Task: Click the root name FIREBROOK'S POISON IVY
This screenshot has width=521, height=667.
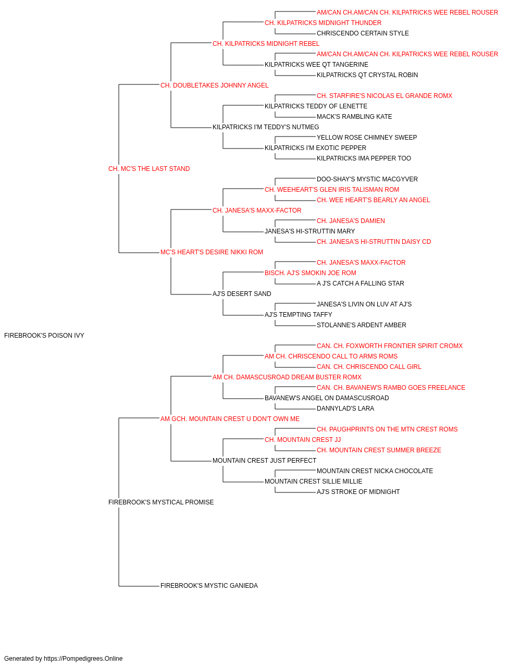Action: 44,336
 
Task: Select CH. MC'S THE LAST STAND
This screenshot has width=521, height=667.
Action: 149,169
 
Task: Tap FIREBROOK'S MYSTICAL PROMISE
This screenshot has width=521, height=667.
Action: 161,502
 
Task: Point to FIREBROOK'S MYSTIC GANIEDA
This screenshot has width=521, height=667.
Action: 209,586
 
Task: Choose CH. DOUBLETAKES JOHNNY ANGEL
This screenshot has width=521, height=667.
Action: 215,85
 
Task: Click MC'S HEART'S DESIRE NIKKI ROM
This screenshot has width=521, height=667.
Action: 212,252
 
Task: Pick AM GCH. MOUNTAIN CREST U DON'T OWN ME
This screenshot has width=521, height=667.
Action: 230,419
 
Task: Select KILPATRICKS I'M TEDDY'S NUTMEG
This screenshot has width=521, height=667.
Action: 266,127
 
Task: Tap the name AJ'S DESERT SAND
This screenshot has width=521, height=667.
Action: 242,294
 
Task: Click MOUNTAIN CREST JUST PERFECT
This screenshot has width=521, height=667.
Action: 265,461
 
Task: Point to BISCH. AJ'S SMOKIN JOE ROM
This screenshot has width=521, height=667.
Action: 311,273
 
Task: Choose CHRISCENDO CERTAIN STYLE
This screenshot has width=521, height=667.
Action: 363,33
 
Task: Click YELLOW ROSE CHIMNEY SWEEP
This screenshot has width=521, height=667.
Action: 367,138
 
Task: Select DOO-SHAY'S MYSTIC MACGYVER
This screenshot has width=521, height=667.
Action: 367,179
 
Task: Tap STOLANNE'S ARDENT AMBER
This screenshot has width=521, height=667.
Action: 362,325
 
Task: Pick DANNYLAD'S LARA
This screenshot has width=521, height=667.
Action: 345,409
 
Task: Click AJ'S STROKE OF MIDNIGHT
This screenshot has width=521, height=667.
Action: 358,492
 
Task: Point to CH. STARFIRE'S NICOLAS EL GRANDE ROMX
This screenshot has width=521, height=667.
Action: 384,96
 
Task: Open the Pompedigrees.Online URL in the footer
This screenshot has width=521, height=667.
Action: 83,659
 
